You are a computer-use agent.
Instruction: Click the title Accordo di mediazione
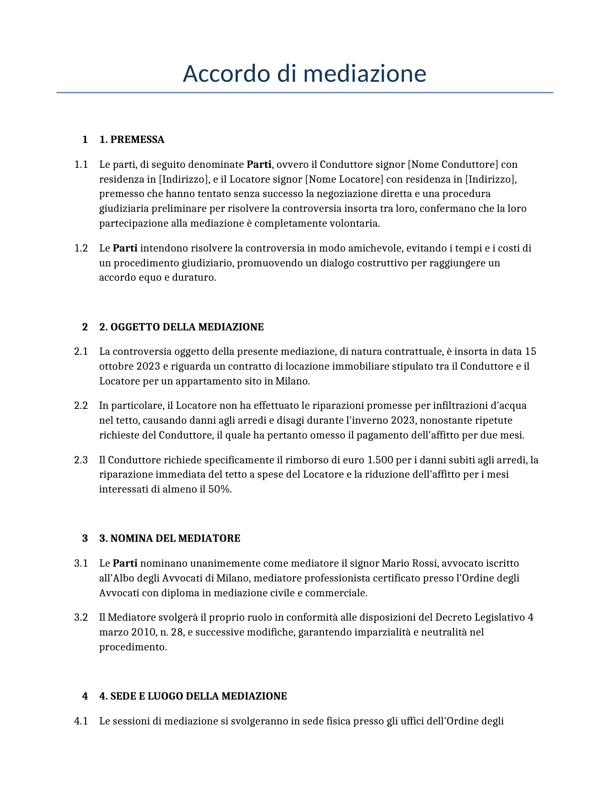pos(304,74)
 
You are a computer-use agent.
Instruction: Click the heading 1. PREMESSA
pos(132,140)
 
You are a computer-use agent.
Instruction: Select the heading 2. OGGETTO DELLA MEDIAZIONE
pos(181,327)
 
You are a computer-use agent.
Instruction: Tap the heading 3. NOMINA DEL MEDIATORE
pos(169,538)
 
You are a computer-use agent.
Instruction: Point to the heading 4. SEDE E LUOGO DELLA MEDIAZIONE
pos(193,696)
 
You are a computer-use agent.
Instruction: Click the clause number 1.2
pos(81,248)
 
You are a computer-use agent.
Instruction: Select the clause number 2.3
pos(81,460)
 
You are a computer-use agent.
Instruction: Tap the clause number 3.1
pos(81,563)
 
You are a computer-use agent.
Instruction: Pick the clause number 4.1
pos(81,721)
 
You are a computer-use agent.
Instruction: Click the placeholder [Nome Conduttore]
pos(453,164)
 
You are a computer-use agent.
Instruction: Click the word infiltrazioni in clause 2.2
pos(461,405)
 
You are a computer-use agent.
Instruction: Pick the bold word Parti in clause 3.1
pos(125,563)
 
